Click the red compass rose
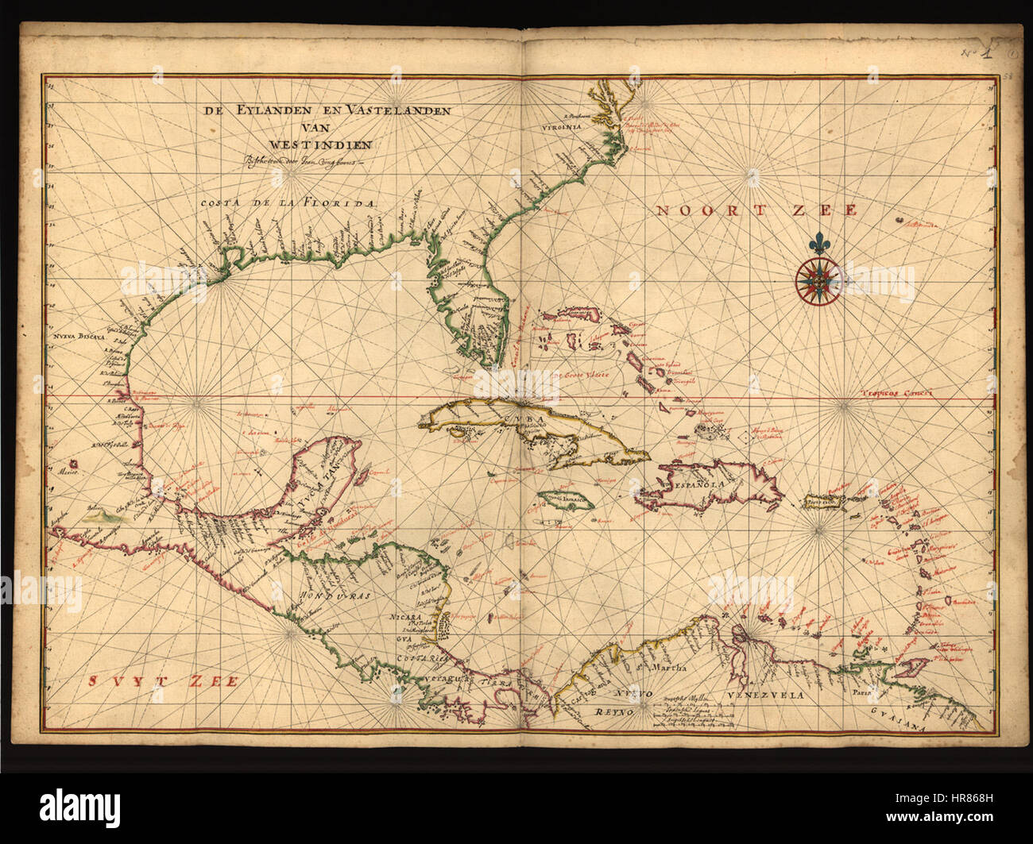coord(818,279)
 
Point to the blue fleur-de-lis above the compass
coord(818,241)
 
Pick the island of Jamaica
coord(563,502)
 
